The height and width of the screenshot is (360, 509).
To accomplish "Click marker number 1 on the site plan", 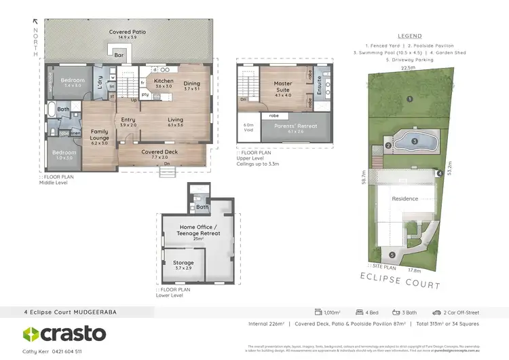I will coord(409,99).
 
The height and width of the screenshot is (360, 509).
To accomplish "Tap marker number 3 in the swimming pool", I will coord(414,141).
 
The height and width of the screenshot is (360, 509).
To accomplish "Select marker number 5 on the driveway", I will coord(392,255).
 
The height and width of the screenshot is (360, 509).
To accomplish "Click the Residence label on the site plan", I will coord(405,198).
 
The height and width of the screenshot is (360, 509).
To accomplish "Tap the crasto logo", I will coord(64,334).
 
